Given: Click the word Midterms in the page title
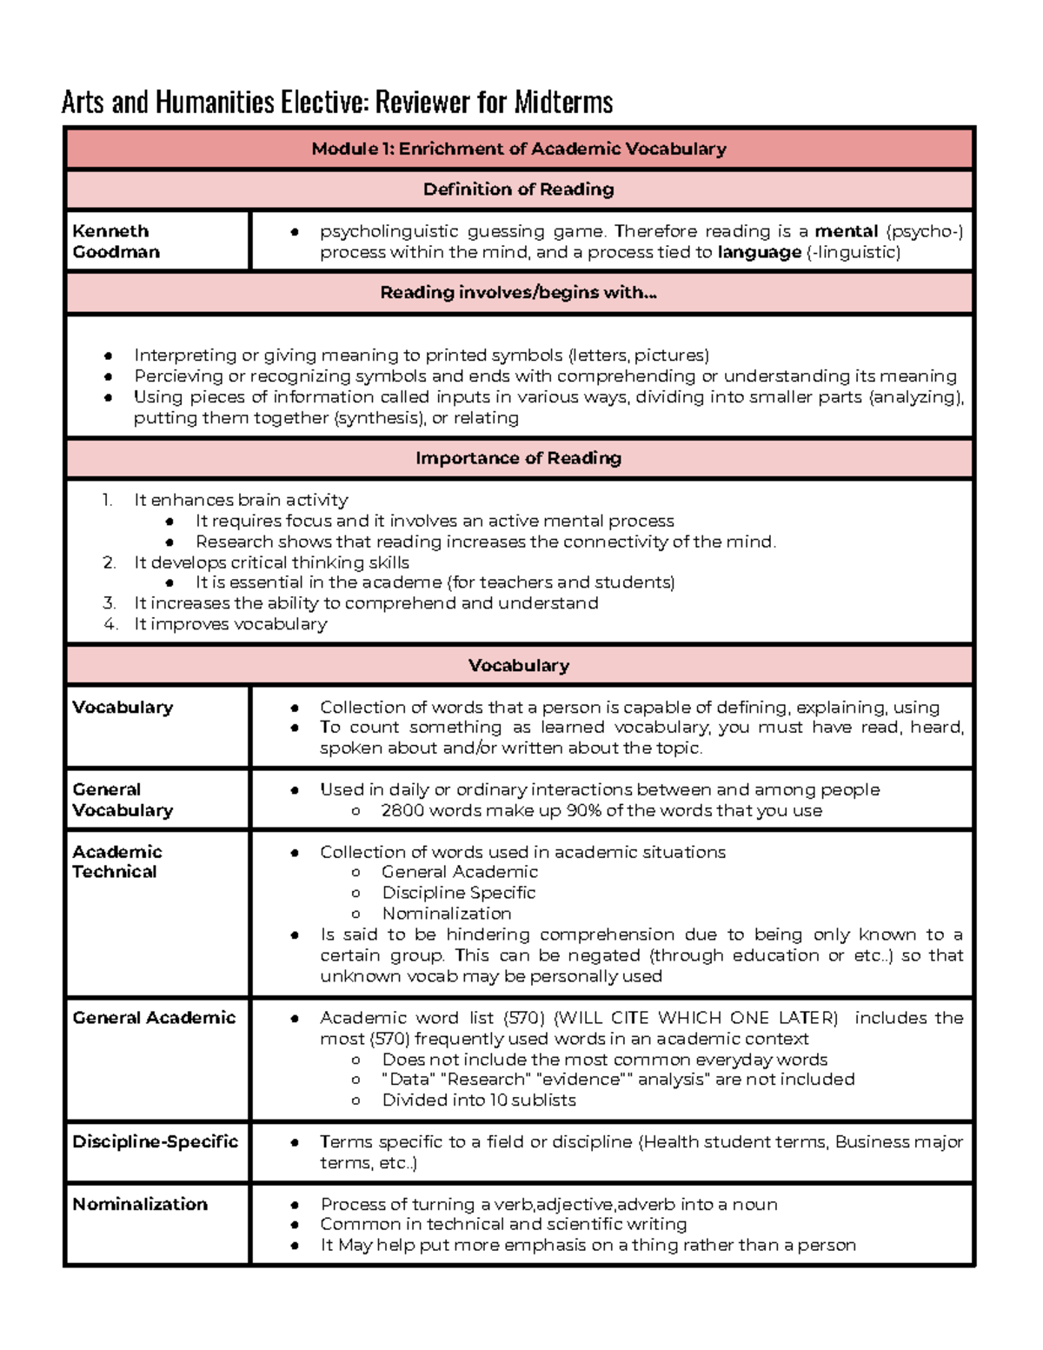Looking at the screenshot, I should point(563,103).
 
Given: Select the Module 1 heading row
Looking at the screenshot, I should point(519,149).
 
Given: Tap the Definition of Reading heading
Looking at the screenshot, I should point(519,190).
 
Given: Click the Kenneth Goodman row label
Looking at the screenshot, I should point(116,242).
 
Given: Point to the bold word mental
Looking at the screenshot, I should point(846,231).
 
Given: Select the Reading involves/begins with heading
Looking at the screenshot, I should point(519,293).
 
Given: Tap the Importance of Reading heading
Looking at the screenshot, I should point(519,458).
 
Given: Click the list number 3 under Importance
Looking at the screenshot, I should point(109,603).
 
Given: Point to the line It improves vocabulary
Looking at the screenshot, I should point(230,624).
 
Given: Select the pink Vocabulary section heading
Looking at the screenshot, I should point(519,666).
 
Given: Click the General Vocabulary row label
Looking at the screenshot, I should point(123,800).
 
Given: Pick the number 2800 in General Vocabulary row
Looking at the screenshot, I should point(403,811).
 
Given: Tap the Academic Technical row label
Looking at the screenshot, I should point(116,861).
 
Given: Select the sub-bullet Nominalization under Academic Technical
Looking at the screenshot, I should point(447,914).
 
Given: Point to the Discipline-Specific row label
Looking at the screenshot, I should point(155,1141).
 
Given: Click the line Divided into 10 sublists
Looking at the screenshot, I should point(479,1101).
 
